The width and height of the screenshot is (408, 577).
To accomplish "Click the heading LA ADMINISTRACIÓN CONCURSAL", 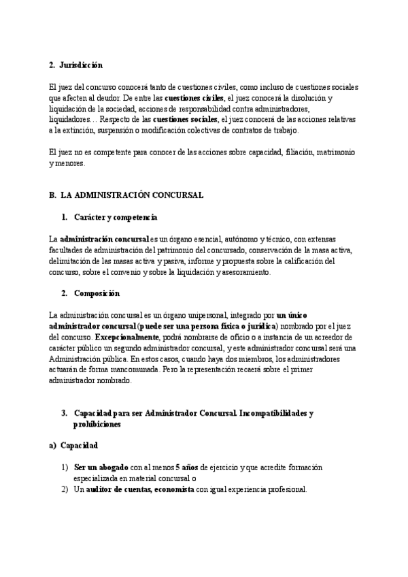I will pyautogui.click(x=132, y=195).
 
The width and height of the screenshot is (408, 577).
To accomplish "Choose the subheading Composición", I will pyautogui.click(x=97, y=293).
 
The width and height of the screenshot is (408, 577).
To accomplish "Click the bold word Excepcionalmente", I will pyautogui.click(x=126, y=337).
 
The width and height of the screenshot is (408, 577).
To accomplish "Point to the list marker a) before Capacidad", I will pyautogui.click(x=52, y=446).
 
